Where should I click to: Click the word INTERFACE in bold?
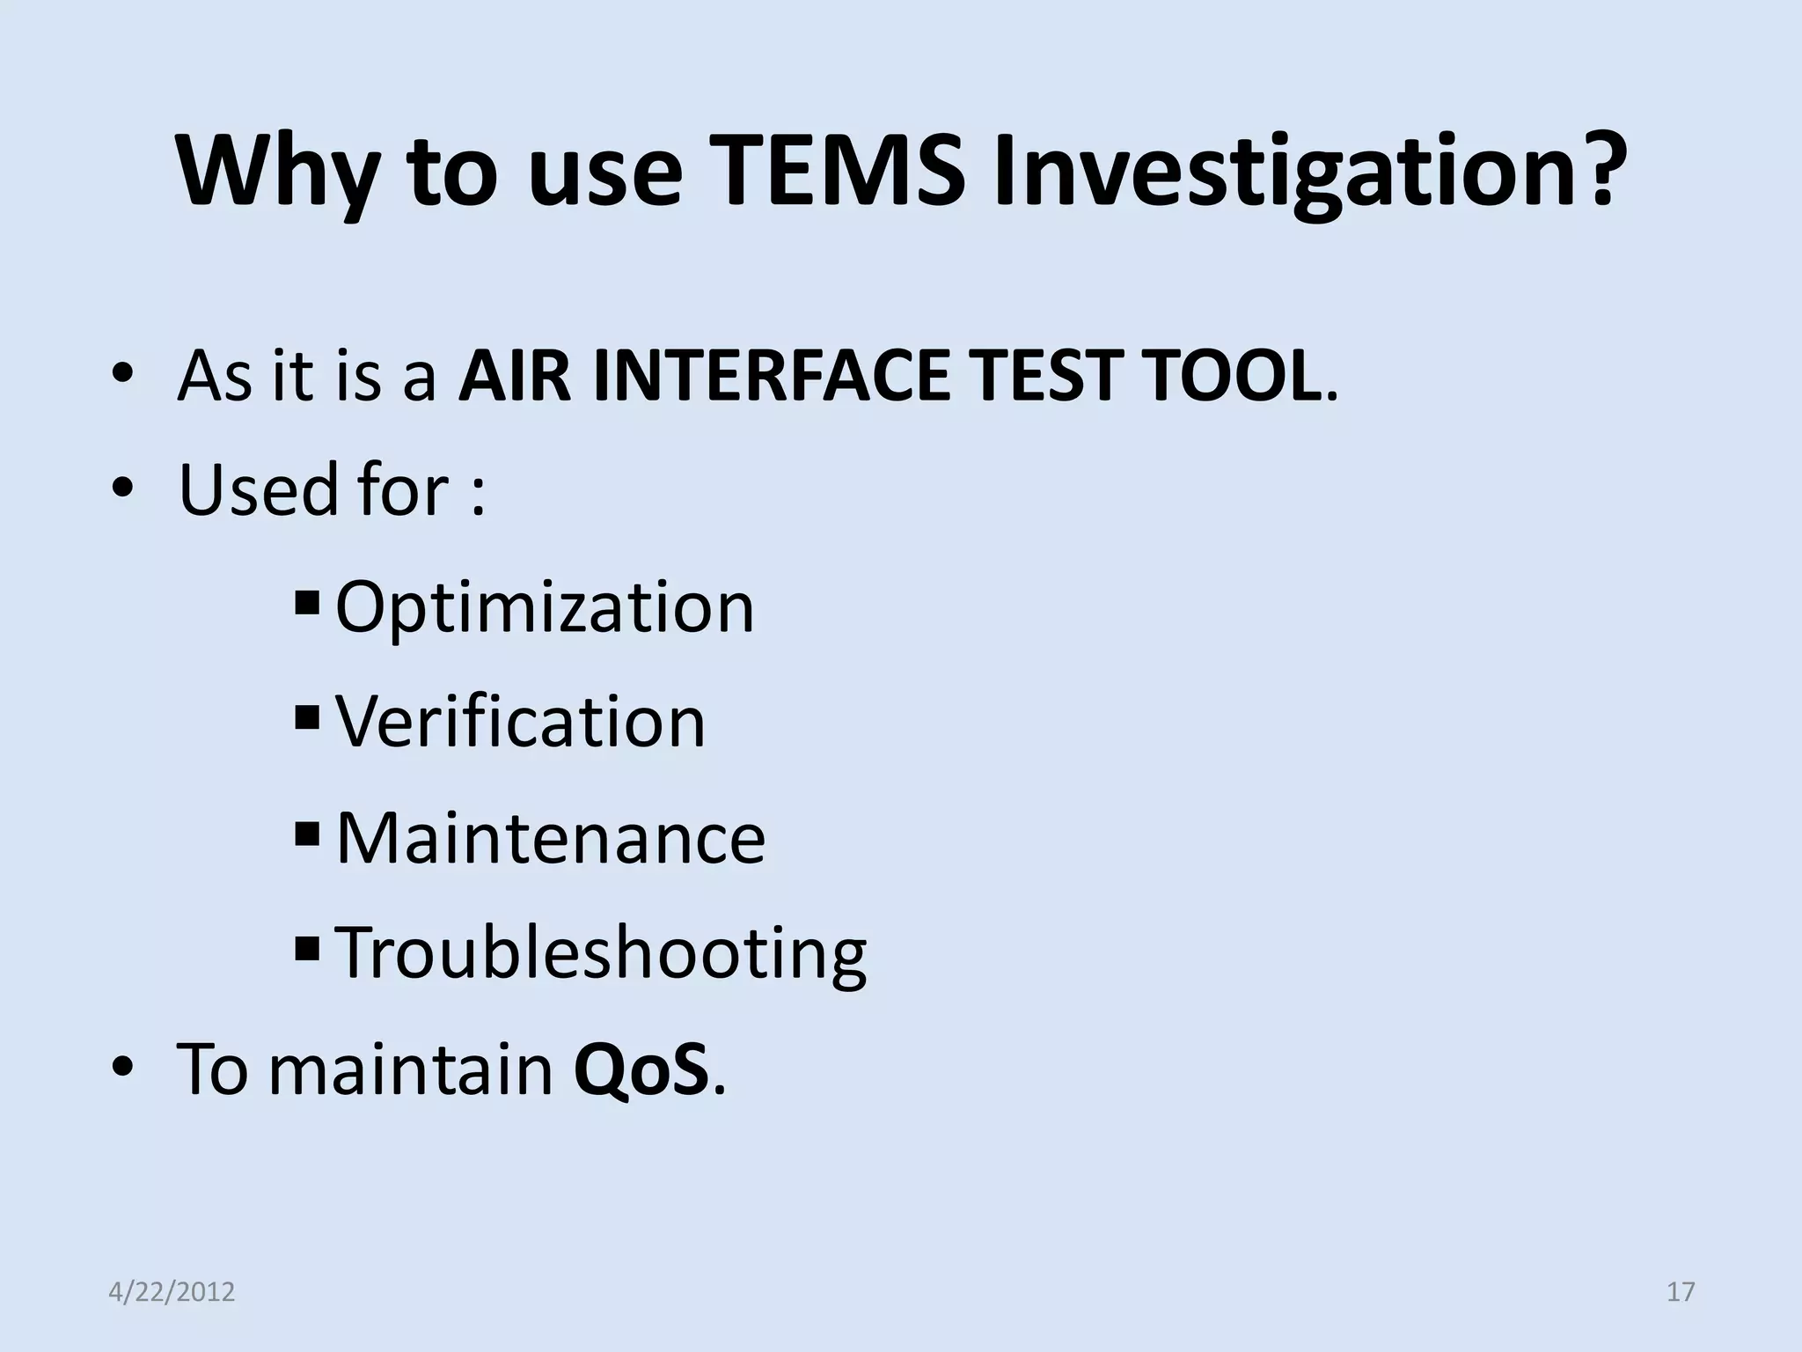770,376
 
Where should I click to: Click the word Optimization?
545,607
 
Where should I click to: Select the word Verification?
520,721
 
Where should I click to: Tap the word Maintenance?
551,837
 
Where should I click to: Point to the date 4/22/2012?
172,1291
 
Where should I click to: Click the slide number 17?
1681,1291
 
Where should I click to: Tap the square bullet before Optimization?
308,603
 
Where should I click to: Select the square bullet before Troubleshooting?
308,948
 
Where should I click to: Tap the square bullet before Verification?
308,717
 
